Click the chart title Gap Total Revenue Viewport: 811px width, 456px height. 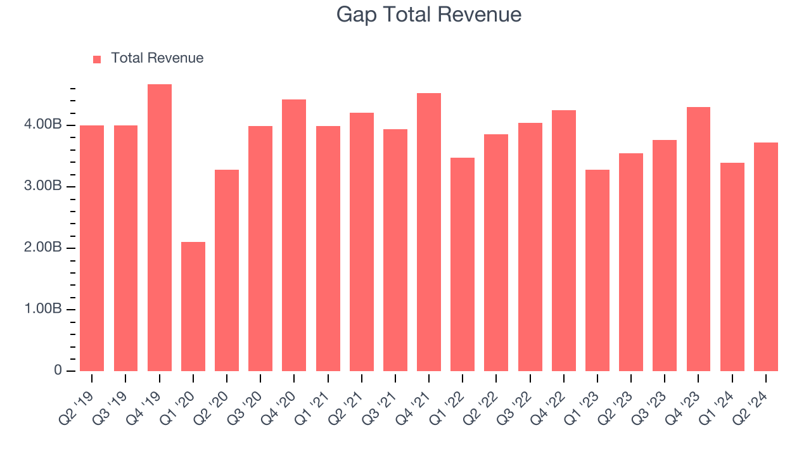(429, 15)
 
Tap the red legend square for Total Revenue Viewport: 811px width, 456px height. (97, 59)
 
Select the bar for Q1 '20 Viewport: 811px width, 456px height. (193, 307)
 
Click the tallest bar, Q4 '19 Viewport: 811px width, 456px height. (160, 228)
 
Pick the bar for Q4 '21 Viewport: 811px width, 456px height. (429, 232)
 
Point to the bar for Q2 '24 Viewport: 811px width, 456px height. (766, 257)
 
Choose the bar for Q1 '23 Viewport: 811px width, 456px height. (597, 270)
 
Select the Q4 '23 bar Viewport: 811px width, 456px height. (698, 239)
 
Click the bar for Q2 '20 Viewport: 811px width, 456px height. (227, 270)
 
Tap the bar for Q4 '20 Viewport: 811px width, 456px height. (294, 236)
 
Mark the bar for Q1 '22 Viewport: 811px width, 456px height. (463, 265)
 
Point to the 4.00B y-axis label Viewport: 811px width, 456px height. (44, 125)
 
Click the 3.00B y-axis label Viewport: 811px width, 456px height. (44, 187)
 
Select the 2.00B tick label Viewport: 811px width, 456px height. (44, 248)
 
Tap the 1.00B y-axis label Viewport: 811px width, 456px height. (44, 310)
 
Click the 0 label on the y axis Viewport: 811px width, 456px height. (58, 371)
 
